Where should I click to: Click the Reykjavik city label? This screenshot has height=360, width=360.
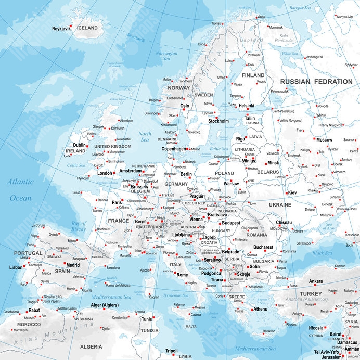[61, 29]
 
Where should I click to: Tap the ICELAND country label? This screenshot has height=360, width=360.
[87, 28]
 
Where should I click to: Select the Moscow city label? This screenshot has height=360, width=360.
[324, 140]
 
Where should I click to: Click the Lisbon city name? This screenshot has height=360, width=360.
[16, 267]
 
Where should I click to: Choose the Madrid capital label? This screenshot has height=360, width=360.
[73, 265]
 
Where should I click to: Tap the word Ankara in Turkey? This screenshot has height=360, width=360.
[316, 281]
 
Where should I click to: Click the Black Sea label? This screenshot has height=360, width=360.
[322, 253]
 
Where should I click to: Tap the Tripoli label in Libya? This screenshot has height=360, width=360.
[171, 351]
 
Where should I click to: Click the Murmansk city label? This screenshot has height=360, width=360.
[276, 27]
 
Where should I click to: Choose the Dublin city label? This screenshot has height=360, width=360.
[80, 146]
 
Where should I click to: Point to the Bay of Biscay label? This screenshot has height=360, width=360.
[79, 226]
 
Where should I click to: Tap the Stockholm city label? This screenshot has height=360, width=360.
[218, 121]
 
